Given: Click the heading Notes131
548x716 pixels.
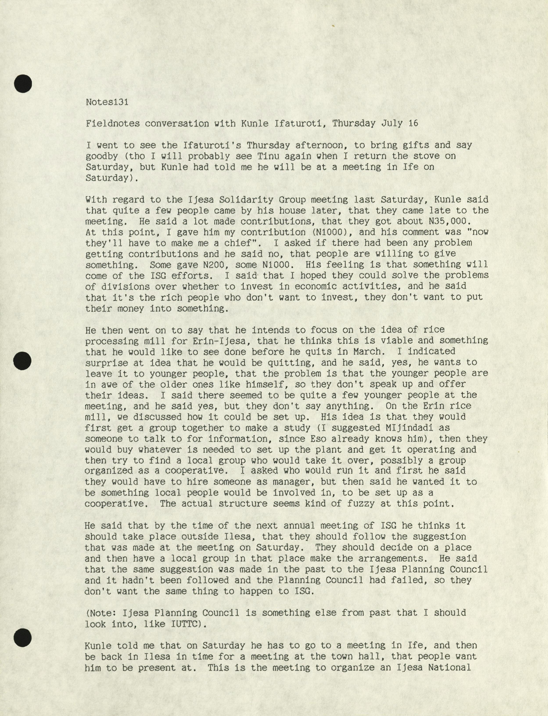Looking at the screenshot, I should coord(107,102).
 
